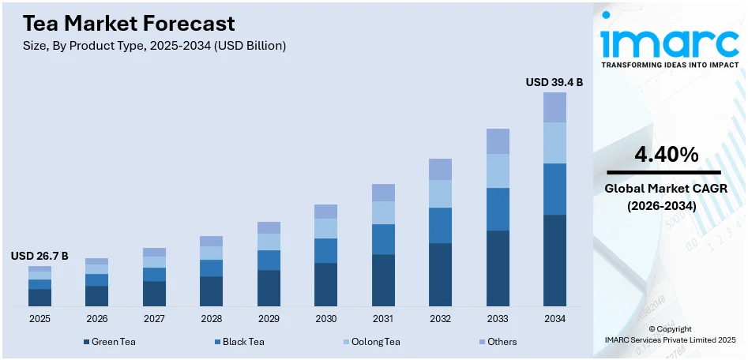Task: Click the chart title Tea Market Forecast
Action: pyautogui.click(x=123, y=23)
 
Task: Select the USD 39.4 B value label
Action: pyautogui.click(x=554, y=82)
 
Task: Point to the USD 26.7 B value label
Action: pyautogui.click(x=39, y=256)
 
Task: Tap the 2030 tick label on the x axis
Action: pyautogui.click(x=325, y=319)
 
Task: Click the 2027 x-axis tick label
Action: pyautogui.click(x=154, y=319)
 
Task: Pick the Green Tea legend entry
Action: pyautogui.click(x=111, y=342)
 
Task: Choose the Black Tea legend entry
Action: pyautogui.click(x=239, y=342)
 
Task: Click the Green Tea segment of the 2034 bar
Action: pyautogui.click(x=554, y=261)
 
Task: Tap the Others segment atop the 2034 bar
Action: pyautogui.click(x=554, y=107)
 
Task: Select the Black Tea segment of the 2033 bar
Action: pyautogui.click(x=498, y=209)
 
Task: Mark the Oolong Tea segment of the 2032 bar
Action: pyautogui.click(x=440, y=193)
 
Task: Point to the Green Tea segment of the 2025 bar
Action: pyautogui.click(x=39, y=298)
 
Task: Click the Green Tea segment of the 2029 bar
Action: pyautogui.click(x=269, y=288)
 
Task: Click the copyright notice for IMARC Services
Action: pyautogui.click(x=670, y=334)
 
